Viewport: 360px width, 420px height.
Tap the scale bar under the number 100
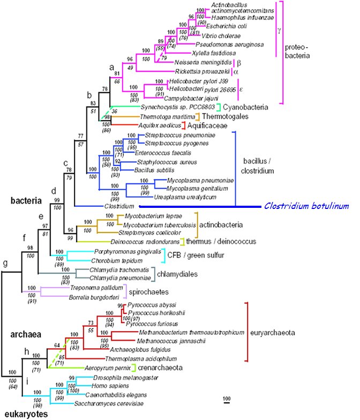tap(227, 404)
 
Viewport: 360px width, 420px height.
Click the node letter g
tap(5, 263)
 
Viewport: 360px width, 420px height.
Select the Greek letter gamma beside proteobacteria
tap(279, 30)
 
